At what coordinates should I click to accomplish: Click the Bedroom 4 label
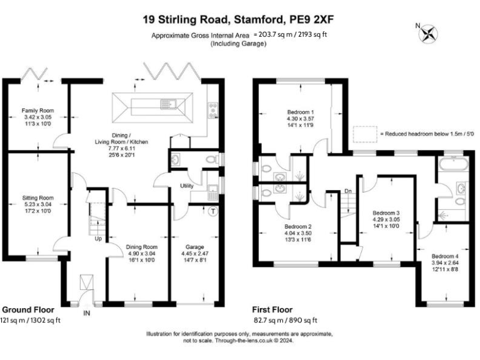tap(444, 256)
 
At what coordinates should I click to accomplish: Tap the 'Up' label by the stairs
tap(97, 238)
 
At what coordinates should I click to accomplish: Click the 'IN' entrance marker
tap(87, 312)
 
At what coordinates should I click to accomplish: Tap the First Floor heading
tap(272, 309)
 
